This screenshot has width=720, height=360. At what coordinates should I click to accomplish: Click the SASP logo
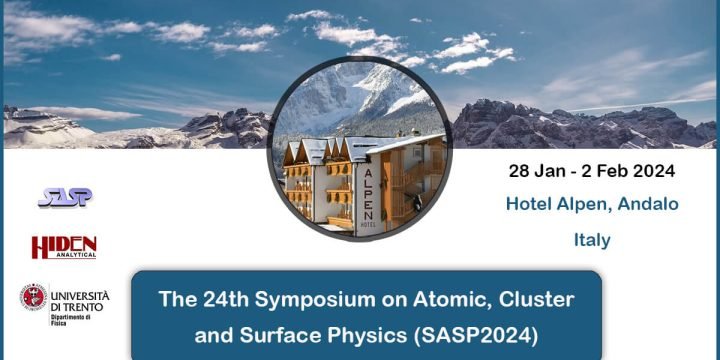pyautogui.click(x=65, y=197)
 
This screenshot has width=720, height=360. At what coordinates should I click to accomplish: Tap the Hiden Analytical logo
pyautogui.click(x=63, y=247)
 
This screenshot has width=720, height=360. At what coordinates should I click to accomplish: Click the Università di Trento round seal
pyautogui.click(x=33, y=297)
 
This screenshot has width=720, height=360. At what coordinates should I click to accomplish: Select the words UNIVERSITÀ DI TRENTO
pyautogui.click(x=79, y=301)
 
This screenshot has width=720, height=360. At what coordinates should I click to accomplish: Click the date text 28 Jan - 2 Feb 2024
pyautogui.click(x=591, y=171)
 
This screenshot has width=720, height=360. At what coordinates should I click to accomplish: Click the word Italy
pyautogui.click(x=592, y=240)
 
